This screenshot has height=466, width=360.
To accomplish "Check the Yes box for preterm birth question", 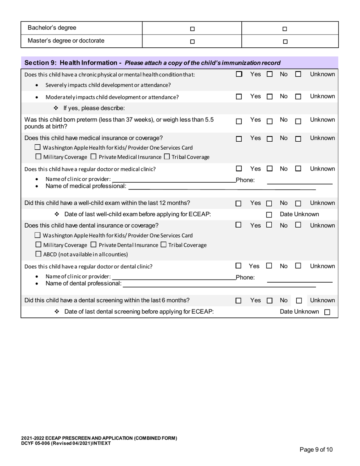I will (239, 122).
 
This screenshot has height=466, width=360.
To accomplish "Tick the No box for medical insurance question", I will (269, 139).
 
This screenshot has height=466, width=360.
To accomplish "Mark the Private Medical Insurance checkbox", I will (94, 156).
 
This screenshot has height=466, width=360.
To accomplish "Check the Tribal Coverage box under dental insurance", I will (163, 245).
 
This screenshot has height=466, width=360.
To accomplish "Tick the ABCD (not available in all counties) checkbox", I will (38, 254).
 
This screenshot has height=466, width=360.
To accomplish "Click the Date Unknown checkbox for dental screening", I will (327, 312).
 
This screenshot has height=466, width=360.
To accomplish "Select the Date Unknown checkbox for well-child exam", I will (269, 215).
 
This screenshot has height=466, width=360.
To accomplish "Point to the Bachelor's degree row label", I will (52, 28).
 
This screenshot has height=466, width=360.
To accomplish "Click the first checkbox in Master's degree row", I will (192, 42).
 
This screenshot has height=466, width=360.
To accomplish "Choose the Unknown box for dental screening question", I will (299, 301).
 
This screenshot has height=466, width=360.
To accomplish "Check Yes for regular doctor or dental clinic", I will (239, 266).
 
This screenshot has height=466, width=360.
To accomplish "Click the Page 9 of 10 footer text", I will (316, 450).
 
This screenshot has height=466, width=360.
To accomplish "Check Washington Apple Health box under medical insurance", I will (38, 147).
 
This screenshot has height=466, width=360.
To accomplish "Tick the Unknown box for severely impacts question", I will (298, 75).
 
